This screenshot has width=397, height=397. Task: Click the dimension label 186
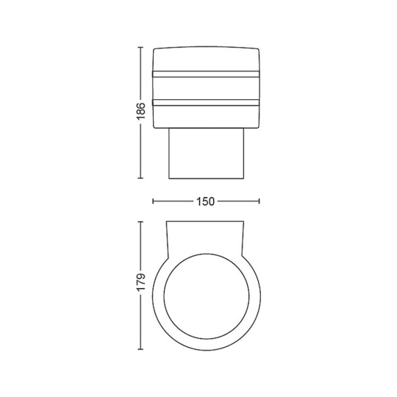(140, 112)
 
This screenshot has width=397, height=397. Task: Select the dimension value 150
(205, 201)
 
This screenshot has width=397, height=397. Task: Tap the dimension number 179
(140, 282)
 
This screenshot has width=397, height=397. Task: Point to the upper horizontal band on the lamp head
(206, 74)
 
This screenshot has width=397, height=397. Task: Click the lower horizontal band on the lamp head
(206, 102)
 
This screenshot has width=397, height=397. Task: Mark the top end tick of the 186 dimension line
(140, 47)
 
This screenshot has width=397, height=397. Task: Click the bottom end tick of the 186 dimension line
(140, 178)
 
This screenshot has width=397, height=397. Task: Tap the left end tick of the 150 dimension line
(153, 201)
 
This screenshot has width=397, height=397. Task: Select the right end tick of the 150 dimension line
(259, 201)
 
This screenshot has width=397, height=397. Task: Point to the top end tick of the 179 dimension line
(140, 222)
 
